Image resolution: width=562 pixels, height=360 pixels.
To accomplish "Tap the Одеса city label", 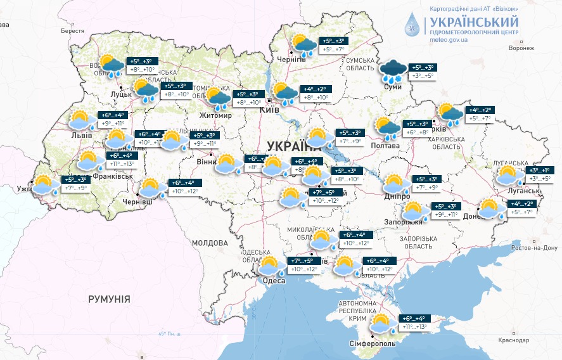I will coord(273,281).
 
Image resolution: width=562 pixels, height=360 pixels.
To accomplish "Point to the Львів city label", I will coord(81,135).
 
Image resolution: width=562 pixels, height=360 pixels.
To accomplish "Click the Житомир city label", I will coord(216,116).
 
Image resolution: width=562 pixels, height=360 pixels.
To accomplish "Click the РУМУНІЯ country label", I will coord(110,298).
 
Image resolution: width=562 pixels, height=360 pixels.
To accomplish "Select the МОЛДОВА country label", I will coord(209,243).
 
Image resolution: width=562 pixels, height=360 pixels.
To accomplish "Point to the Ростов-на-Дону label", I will coord(534,247).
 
